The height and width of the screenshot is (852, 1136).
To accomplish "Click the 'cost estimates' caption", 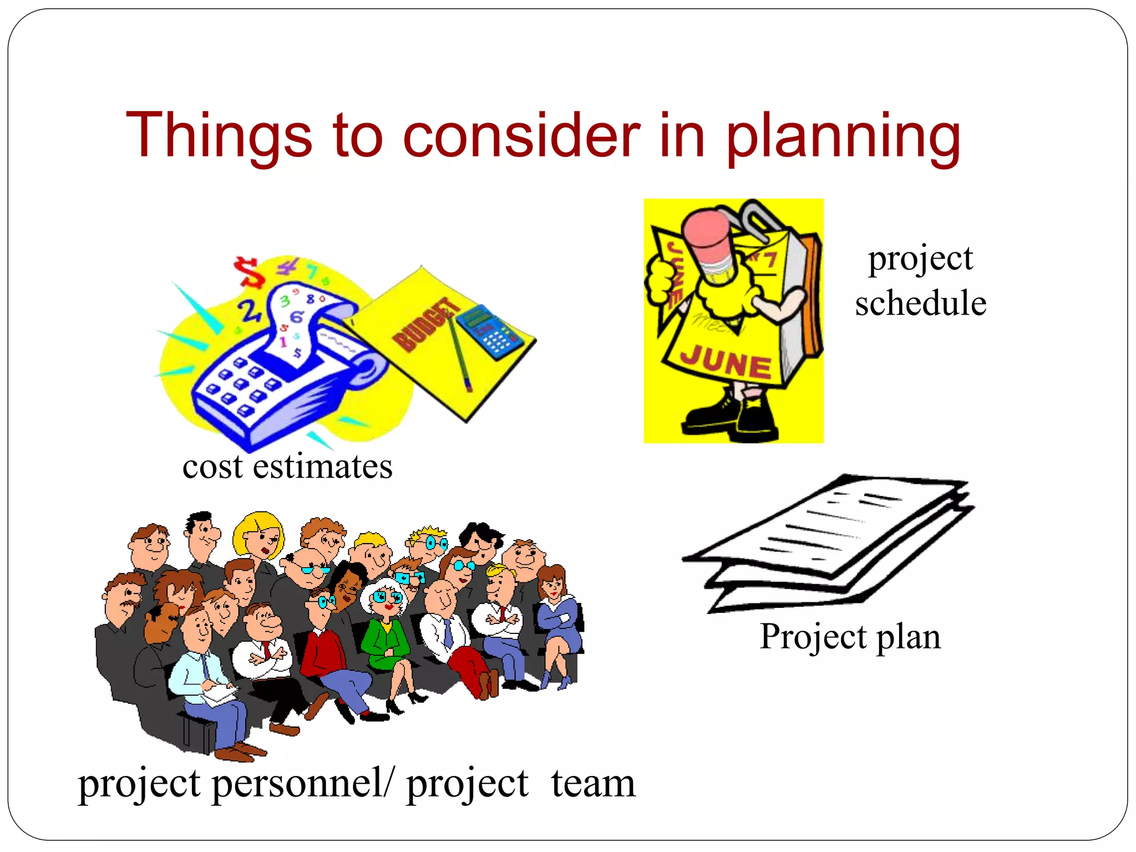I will pyautogui.click(x=287, y=467).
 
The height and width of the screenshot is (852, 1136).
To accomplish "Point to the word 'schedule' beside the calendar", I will pyautogui.click(x=921, y=303).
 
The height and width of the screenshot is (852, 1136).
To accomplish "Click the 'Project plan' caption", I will pyautogui.click(x=850, y=637).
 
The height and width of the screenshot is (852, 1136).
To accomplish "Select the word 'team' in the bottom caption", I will pyautogui.click(x=593, y=783).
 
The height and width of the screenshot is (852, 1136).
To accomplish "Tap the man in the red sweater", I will pyautogui.click(x=324, y=643).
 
